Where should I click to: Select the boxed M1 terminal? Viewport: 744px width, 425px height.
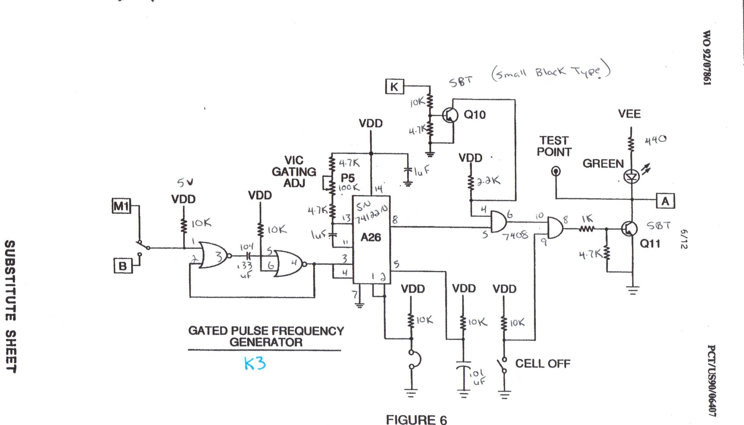click(121, 206)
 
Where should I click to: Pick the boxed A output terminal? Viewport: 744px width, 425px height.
click(665, 201)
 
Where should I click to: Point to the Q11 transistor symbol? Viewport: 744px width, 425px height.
click(629, 229)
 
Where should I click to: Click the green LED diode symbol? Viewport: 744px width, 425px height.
click(632, 176)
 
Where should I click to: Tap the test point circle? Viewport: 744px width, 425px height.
click(556, 171)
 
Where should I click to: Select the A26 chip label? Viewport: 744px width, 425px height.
click(371, 237)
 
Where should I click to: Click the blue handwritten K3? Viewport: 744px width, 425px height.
click(255, 364)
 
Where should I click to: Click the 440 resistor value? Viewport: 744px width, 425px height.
click(655, 140)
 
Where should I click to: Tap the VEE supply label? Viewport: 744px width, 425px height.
click(629, 114)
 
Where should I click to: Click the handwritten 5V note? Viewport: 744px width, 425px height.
click(185, 183)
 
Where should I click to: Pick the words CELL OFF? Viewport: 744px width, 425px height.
click(543, 364)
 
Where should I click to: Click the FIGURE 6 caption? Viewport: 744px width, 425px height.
click(416, 420)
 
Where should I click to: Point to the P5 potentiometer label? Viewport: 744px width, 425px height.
click(348, 178)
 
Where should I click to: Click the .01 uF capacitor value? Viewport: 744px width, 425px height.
click(478, 377)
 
